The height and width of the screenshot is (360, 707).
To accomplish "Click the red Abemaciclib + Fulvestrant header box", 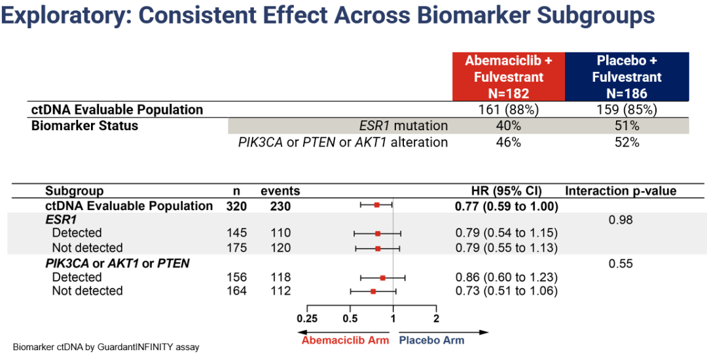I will coord(508,77).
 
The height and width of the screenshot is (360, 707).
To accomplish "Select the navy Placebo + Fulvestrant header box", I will coord(626,77).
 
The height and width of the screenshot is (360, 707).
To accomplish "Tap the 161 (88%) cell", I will coord(509,109).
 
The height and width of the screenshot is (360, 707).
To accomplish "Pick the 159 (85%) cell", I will coord(626,109).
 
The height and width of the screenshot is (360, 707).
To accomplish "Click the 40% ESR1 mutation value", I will coord(509,126).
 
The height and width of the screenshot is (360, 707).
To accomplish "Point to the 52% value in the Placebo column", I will coord(626,141).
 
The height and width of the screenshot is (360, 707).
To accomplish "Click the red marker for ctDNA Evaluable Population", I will coord(377,206).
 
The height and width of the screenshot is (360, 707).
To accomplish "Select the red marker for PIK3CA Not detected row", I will coord(373,291).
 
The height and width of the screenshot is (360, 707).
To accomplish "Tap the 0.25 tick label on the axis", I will coord(307,319).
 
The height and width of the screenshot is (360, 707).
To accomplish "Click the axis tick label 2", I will coord(436,319).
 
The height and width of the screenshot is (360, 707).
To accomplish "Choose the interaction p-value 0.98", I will coord(620,220).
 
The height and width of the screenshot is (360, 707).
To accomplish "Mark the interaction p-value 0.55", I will coord(620,264).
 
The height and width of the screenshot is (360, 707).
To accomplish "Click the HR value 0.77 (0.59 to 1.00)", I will coord(506,206).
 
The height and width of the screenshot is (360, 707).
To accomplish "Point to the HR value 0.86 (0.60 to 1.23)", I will coord(506,278).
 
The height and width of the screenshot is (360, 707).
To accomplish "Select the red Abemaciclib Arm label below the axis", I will coord(345,340).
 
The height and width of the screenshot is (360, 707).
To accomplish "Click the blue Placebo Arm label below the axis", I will coord(431,340).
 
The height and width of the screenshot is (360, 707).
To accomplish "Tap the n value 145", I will coord(236,233).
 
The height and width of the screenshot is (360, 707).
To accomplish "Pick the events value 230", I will coord(280,206).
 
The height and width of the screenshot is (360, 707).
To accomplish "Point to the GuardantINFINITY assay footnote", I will coord(106,348).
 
